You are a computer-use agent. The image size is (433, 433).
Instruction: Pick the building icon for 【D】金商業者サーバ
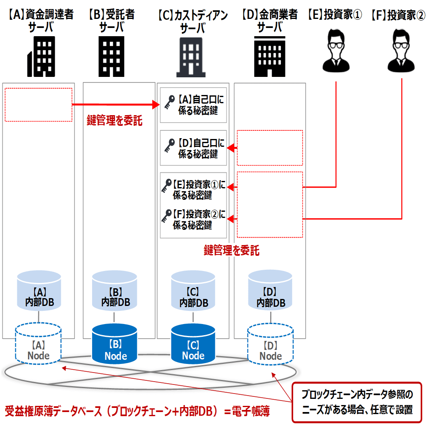click(269, 56)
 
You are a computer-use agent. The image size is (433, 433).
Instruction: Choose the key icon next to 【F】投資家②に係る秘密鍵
click(167, 216)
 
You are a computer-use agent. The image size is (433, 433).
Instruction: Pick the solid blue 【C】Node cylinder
click(192, 343)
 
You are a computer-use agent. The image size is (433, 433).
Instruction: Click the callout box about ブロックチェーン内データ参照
click(357, 402)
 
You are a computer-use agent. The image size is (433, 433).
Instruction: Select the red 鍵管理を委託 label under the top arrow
click(115, 121)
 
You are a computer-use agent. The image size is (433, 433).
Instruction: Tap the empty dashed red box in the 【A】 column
click(38, 104)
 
